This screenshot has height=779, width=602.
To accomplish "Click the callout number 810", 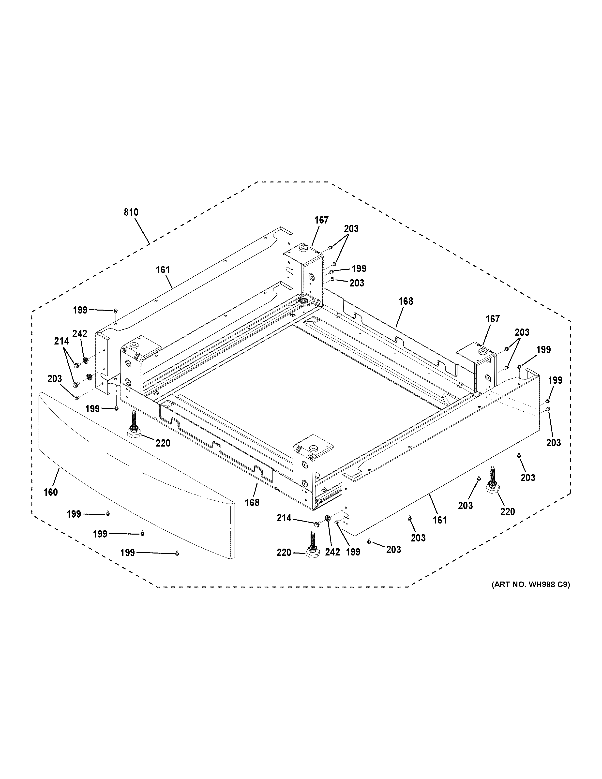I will (131, 212).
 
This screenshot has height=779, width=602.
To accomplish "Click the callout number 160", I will (51, 492).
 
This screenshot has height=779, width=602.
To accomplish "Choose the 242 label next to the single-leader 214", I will (332, 552).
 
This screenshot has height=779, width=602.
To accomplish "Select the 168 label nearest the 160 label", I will (252, 503).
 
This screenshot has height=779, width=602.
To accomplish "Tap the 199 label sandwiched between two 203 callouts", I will (359, 269).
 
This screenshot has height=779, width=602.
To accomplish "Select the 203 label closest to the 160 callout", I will (55, 378).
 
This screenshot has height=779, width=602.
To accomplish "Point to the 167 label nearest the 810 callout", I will (321, 220).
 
